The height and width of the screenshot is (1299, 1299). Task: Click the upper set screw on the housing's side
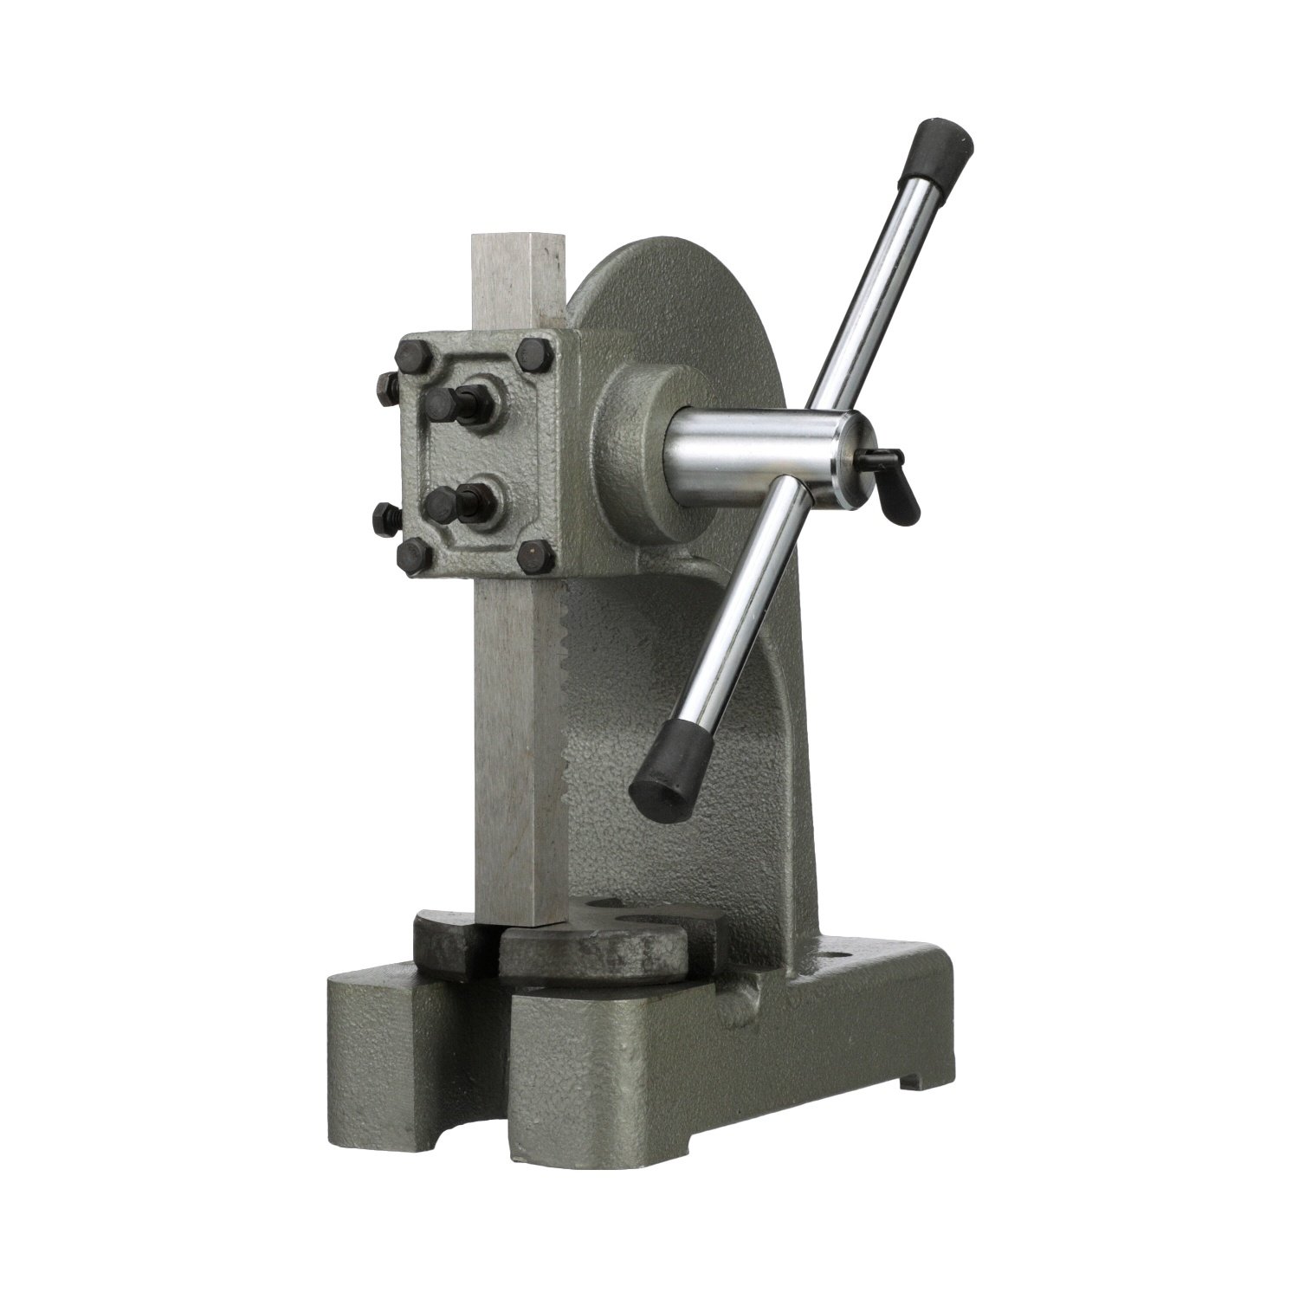pyautogui.click(x=387, y=383)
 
